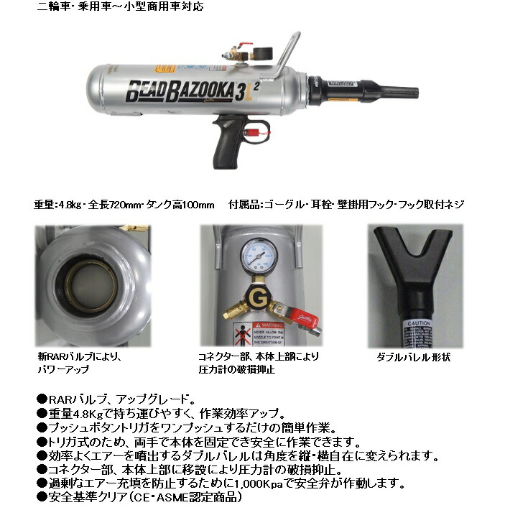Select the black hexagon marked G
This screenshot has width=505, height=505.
[256, 295]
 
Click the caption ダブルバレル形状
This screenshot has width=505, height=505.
[413, 357]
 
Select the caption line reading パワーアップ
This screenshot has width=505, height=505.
[64, 369]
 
